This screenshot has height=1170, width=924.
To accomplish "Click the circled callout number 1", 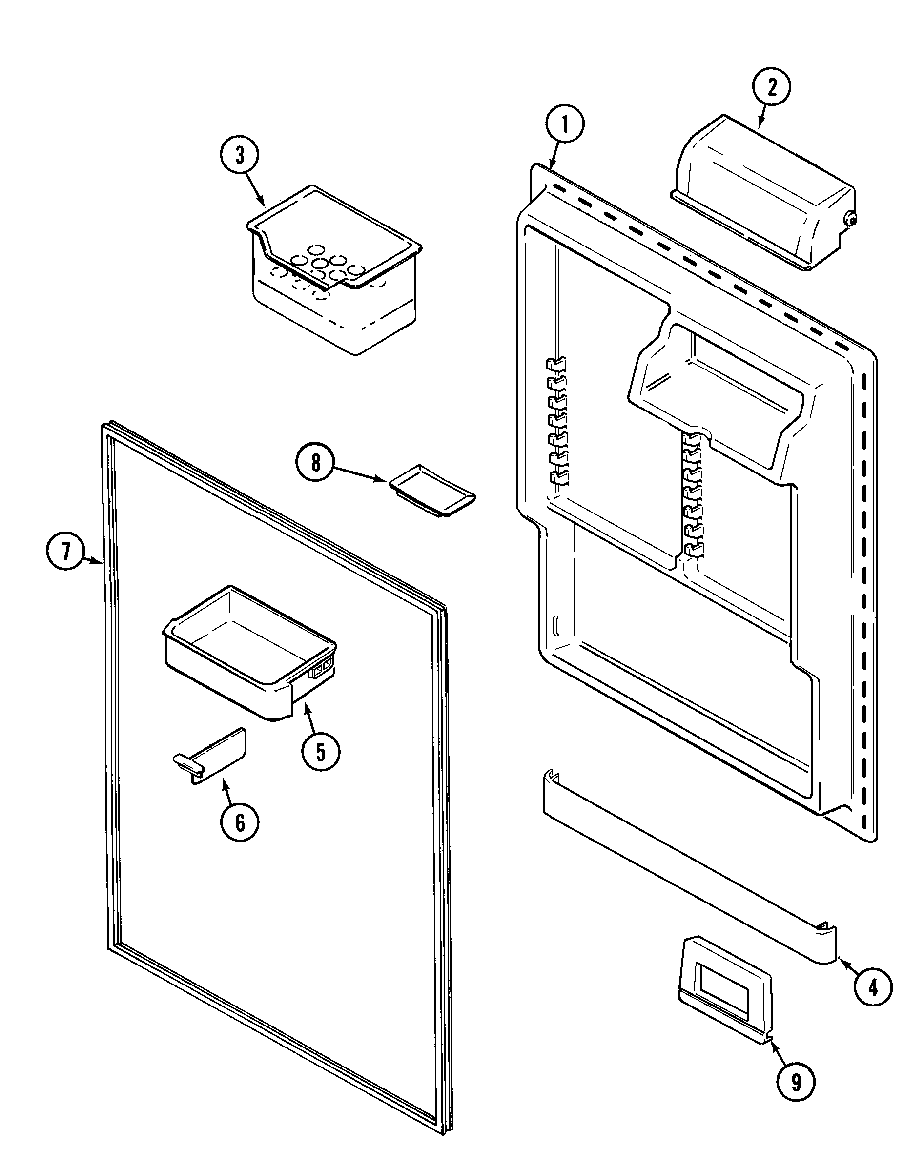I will point(565,125).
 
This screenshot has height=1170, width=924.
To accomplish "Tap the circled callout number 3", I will point(240,155).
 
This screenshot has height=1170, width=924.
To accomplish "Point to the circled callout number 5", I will point(321,751).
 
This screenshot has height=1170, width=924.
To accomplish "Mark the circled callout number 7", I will point(65,552).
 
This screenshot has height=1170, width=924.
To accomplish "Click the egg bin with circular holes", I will point(335,270).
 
